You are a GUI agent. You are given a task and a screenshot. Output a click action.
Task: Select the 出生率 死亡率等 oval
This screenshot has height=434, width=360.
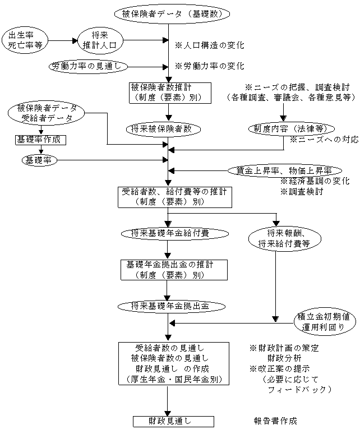click(24, 40)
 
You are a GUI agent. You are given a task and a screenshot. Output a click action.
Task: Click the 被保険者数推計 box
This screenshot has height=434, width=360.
click(168, 93)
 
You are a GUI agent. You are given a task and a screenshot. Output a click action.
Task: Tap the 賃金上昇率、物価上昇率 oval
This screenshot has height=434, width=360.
click(288, 170)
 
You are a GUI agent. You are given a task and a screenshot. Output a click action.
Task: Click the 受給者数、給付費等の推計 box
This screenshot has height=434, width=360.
click(168, 196)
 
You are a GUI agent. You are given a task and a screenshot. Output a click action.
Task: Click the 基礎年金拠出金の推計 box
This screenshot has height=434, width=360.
click(174, 269)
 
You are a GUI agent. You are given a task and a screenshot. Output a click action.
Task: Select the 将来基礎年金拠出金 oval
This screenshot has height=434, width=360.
click(170, 306)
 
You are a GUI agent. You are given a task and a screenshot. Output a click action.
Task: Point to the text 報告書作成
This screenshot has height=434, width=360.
click(275, 421)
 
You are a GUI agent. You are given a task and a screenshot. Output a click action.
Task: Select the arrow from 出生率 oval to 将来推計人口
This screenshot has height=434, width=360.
click(63, 40)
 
